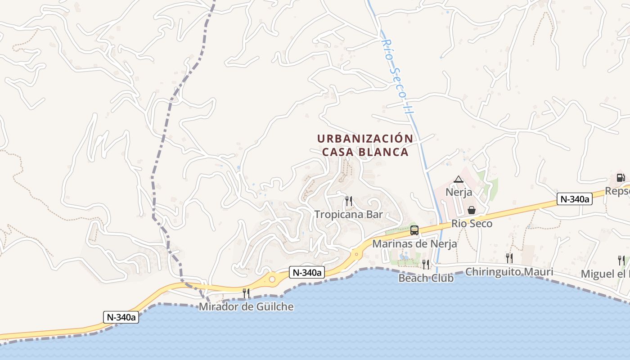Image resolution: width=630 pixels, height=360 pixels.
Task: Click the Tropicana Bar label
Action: coord(348,214)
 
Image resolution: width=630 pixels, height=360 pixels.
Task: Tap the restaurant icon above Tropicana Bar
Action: coord(348,201)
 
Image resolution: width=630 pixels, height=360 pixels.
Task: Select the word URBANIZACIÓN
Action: coord(365,138)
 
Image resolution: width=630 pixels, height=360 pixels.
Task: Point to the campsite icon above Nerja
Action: coord(459,180)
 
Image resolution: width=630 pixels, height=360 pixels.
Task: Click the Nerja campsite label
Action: coord(459,192)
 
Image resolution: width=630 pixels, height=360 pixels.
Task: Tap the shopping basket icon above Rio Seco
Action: coord(472,210)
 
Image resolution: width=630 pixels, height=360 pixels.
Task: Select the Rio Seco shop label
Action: coord(472,223)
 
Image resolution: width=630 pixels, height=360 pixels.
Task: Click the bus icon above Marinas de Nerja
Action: coord(414,230)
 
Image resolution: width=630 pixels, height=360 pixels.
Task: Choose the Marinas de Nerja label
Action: coord(414,244)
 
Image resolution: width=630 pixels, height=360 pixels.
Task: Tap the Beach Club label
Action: coord(426,278)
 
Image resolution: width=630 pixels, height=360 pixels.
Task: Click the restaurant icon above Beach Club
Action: coord(426,264)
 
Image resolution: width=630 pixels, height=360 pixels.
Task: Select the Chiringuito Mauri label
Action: coord(509,272)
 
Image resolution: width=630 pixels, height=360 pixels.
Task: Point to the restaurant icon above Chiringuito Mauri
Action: coord(509,258)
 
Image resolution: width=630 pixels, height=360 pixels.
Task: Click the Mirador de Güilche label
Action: coord(246,307)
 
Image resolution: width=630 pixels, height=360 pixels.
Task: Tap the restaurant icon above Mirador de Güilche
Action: coord(246,293)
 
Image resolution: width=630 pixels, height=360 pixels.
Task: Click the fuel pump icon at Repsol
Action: coord(621,177)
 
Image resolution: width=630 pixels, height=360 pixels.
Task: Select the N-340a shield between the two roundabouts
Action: coord(306,272)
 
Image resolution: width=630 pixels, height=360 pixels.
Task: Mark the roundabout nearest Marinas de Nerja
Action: coord(356,254)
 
